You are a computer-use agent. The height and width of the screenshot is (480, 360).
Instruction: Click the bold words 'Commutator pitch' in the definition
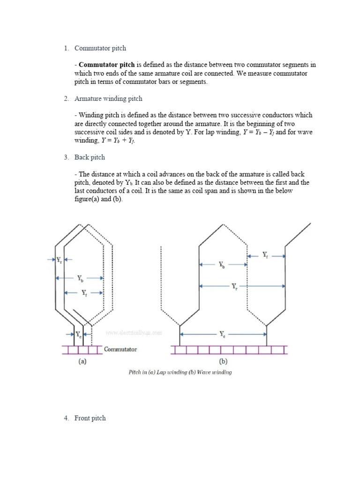106,65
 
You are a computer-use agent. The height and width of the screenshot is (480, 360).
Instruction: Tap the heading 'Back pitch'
90,157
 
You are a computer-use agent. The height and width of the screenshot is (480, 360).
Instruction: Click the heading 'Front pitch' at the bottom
90,418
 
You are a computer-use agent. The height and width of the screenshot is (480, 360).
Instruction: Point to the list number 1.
66,48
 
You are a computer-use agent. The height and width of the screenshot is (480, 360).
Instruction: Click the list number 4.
66,418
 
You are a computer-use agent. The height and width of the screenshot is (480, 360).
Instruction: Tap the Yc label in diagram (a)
78,334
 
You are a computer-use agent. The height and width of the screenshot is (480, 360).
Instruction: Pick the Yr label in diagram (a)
59,259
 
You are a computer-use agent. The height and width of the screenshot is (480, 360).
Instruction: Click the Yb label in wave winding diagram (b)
222,264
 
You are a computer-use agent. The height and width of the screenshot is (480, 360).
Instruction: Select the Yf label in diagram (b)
266,255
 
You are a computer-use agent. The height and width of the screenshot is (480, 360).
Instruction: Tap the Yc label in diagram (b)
222,334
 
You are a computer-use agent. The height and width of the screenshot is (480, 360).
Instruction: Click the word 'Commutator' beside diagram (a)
120,349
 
